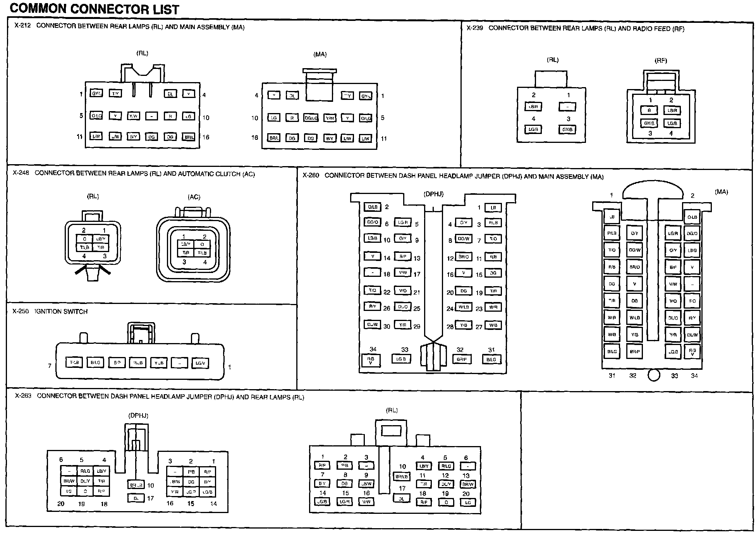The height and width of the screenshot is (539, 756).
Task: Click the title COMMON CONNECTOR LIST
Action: pos(94,9)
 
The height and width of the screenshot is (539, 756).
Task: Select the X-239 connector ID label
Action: pos(474,28)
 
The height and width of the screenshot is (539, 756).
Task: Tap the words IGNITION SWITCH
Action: pos(61,311)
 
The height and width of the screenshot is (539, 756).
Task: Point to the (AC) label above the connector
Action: pos(194,197)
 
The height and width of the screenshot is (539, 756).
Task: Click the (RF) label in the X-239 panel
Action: pos(661,60)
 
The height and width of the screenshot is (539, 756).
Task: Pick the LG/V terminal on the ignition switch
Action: pos(200,363)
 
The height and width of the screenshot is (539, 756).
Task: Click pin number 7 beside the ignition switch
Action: pos(50,366)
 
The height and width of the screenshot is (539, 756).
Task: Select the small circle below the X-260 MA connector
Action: pos(653,375)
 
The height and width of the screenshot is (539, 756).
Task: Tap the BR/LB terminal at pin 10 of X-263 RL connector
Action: pos(402,476)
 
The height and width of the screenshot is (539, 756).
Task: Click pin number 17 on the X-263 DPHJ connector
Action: pos(151,498)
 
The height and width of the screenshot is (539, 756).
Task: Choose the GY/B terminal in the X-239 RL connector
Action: pos(567,130)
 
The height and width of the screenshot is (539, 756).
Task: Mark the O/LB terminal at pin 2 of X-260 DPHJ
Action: pos(373,207)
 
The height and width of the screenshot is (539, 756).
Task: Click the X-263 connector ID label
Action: pos(23,396)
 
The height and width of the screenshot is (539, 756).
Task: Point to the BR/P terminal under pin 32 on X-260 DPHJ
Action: pos(461,359)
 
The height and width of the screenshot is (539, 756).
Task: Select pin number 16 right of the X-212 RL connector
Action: pos(206,137)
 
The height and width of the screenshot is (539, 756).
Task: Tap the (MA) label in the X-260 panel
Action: pos(721,192)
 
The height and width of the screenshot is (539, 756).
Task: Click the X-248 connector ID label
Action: pos(21,173)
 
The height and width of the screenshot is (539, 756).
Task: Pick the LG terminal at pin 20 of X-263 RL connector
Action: pos(467,503)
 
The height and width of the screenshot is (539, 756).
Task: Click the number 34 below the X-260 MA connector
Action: pos(694,376)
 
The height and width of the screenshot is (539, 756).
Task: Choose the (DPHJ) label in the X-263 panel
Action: pos(138,415)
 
